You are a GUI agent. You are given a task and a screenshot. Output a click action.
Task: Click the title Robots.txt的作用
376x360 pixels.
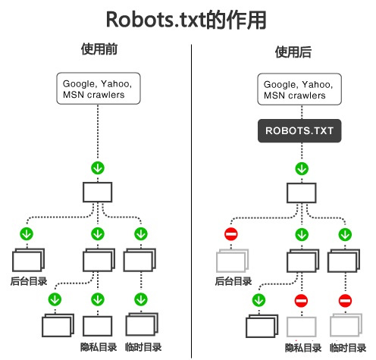(186, 20)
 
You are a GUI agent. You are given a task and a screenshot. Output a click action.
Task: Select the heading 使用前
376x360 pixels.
(99, 49)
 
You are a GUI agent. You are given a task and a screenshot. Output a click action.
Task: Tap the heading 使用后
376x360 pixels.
(293, 52)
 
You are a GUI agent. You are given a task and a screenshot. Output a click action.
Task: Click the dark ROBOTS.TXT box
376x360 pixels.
(299, 131)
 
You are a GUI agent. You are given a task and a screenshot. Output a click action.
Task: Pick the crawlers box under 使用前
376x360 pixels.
(99, 89)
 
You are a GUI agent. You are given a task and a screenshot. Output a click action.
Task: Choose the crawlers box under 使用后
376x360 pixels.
(299, 89)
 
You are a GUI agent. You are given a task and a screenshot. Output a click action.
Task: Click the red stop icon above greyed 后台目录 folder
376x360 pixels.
(231, 234)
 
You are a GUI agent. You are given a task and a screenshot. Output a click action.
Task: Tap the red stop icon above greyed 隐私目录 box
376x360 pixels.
(301, 301)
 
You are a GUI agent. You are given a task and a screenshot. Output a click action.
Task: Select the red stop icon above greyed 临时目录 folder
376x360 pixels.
(345, 301)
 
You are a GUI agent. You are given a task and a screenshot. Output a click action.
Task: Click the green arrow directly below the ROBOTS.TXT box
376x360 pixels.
(302, 168)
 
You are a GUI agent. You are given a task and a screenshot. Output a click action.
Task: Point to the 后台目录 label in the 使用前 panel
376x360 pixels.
(29, 281)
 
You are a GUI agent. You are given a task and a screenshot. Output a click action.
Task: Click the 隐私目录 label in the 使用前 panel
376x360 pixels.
(99, 347)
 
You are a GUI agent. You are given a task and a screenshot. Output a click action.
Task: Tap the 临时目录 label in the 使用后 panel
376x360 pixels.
(348, 348)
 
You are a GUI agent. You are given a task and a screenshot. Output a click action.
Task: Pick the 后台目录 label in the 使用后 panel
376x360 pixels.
(233, 281)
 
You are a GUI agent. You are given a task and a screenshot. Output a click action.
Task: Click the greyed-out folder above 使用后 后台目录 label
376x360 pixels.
(232, 261)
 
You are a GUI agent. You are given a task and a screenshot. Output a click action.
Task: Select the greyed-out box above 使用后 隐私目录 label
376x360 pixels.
(302, 327)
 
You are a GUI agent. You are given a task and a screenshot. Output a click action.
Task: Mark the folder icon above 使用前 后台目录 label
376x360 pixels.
(28, 260)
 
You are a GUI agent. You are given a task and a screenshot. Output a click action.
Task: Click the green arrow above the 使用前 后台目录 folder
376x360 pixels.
(27, 233)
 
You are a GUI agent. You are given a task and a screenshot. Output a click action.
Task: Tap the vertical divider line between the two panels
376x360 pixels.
(191, 201)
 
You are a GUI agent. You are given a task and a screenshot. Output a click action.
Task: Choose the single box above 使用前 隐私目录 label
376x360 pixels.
(98, 326)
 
